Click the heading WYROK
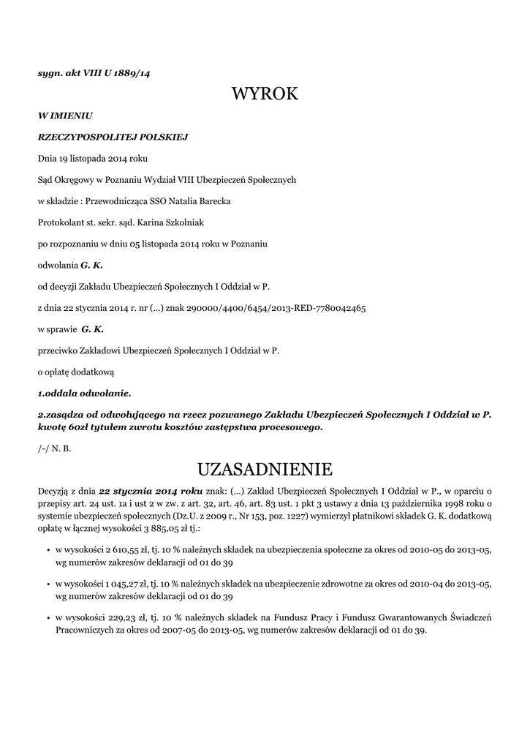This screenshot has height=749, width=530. [x=265, y=94]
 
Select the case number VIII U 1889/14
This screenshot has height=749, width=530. [x=116, y=73]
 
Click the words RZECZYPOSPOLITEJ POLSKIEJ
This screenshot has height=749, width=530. [x=113, y=136]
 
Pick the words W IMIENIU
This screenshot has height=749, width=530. [x=64, y=115]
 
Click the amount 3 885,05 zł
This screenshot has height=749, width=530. [x=146, y=527]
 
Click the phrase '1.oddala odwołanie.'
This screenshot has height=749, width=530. [x=84, y=393]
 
